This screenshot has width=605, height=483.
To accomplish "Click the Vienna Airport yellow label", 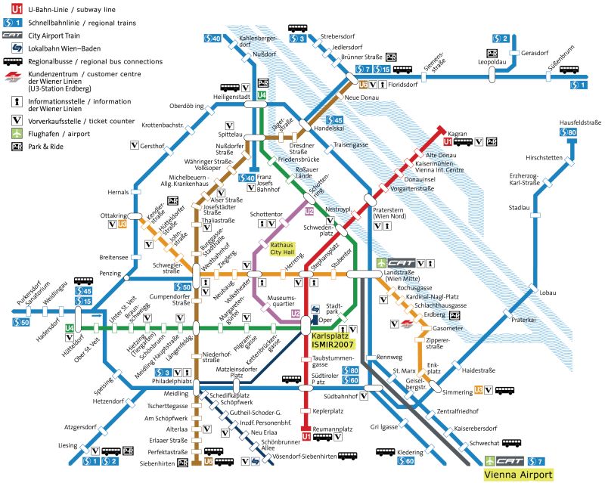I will [518, 475].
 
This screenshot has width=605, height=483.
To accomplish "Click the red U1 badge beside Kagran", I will [447, 141].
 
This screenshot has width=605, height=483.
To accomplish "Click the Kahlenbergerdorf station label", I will [254, 42].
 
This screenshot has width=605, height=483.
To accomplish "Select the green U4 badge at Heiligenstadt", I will [262, 95].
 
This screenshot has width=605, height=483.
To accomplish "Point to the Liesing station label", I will [67, 445].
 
